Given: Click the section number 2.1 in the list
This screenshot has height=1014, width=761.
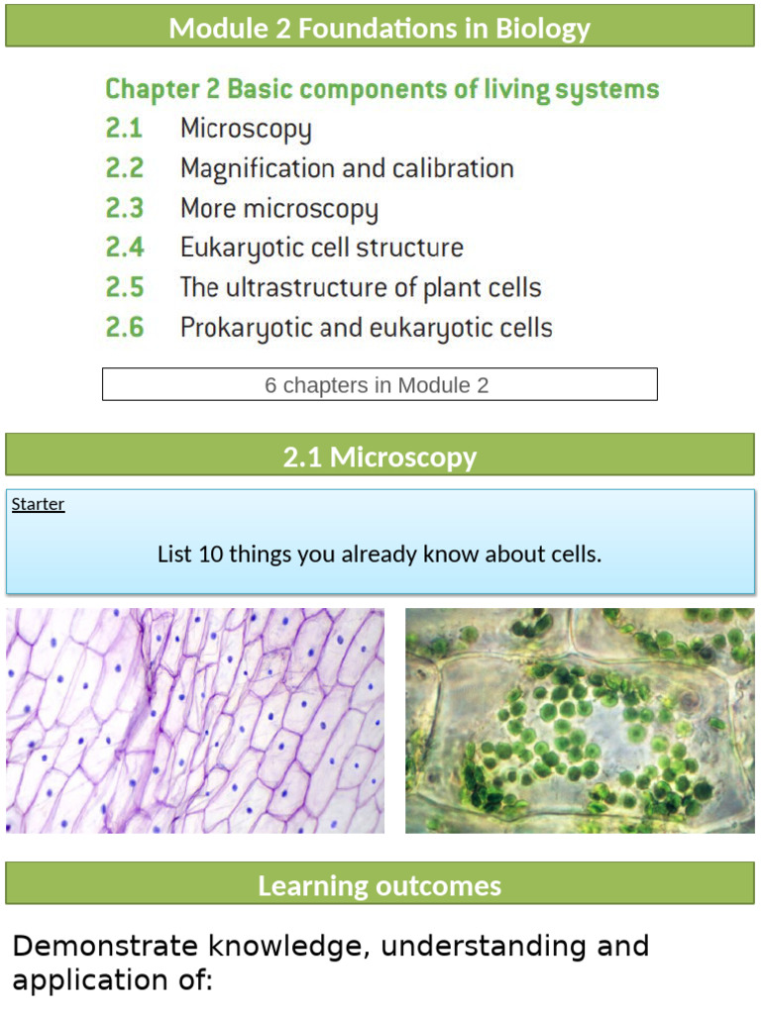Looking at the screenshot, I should coord(124,129).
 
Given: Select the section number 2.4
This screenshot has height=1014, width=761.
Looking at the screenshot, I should coord(125,248).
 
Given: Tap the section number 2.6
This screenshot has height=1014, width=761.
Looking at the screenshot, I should coord(125,327).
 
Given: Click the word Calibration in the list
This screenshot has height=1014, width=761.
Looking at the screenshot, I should coord(453,169).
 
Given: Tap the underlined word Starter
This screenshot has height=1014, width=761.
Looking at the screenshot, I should coord(38,504).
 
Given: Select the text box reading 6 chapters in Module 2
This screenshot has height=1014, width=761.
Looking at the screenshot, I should coord(380,384).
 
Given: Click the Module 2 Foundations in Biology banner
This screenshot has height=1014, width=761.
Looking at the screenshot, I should coord(380,28).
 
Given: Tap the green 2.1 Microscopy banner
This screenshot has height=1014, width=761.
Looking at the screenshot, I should coord(380,456).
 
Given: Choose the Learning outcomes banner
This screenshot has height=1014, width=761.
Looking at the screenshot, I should coord(380,884).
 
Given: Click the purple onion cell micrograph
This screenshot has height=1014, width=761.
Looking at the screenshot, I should coord(195,720).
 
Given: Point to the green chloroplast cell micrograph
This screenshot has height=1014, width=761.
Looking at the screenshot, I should coord(580,720).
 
